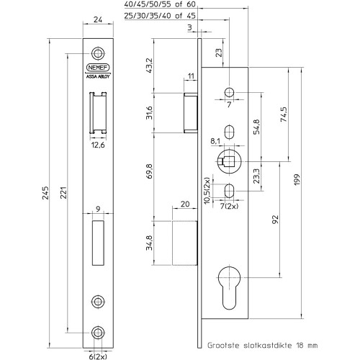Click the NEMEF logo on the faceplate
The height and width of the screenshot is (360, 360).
point(98,68)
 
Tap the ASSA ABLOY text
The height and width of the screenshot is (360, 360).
point(98,76)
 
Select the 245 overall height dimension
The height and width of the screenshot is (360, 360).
point(45,193)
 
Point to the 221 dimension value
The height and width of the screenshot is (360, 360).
point(63,192)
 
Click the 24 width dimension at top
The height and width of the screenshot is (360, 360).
point(98,19)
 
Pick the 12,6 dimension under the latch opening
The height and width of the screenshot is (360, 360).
point(98,145)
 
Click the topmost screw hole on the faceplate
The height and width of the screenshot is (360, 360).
point(98,53)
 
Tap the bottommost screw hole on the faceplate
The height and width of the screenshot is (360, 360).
point(98,333)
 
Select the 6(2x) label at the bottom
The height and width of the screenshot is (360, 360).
point(98,356)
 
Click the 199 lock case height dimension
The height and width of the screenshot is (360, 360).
point(297,179)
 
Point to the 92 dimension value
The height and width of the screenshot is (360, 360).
point(275,220)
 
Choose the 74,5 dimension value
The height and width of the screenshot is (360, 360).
point(284,114)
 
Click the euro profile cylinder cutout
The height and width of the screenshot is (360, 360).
point(229,287)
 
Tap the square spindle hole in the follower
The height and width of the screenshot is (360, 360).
point(229,161)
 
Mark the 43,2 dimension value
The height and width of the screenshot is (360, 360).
point(149,66)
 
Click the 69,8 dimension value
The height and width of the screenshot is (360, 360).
point(149,171)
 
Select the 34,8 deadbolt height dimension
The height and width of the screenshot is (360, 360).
point(149,243)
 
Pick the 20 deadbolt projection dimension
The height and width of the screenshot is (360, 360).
point(185,204)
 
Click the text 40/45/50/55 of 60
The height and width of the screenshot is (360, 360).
point(160,4)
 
